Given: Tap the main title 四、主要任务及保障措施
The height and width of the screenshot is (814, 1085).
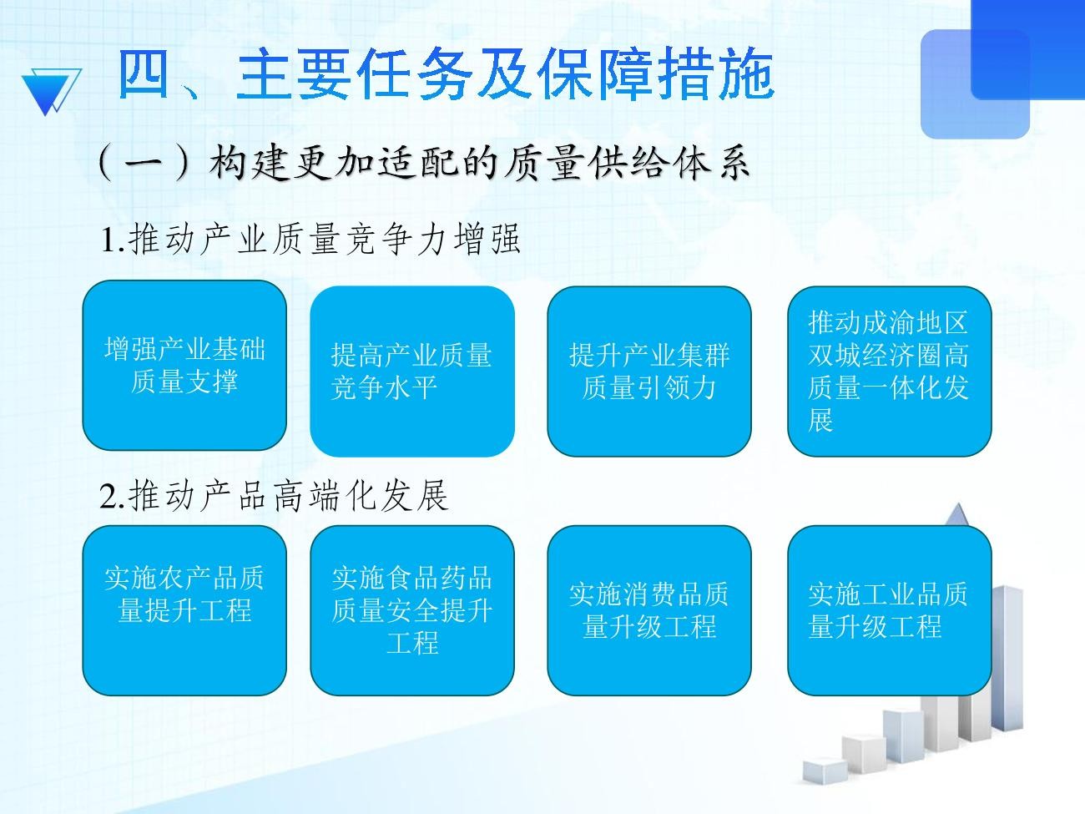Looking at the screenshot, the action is click(445, 74).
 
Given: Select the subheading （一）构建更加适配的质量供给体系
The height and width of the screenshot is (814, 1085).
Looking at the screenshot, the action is click(424, 163).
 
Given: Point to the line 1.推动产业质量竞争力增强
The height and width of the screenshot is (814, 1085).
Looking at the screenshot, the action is click(310, 240).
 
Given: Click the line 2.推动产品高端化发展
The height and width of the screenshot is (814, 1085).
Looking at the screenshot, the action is click(274, 496).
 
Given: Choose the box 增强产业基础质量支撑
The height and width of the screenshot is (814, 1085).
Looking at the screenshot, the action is click(184, 366).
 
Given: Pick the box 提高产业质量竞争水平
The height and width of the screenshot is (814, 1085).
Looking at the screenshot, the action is click(412, 372).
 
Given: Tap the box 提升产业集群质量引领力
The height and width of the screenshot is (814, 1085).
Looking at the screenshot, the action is click(649, 372).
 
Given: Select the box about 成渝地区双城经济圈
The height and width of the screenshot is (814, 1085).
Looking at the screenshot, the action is click(889, 372).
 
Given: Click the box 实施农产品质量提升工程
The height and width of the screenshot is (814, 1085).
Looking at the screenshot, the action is click(184, 610).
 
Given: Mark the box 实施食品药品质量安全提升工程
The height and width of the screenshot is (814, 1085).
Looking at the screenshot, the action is click(412, 610).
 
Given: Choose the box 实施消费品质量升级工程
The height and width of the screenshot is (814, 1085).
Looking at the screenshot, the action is click(649, 610).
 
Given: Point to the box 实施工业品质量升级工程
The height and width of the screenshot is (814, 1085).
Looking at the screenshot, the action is click(889, 610).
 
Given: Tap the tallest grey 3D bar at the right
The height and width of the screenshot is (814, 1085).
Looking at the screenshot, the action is click(1006, 657).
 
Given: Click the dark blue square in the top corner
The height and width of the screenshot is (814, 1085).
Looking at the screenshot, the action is click(1028, 49).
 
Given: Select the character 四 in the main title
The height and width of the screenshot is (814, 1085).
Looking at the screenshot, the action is click(144, 74).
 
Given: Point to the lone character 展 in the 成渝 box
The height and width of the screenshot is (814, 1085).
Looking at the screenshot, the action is click(821, 420).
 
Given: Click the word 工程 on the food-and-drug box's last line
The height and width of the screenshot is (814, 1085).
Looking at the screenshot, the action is click(412, 643).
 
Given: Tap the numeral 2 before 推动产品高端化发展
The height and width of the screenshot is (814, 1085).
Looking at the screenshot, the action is click(108, 497).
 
